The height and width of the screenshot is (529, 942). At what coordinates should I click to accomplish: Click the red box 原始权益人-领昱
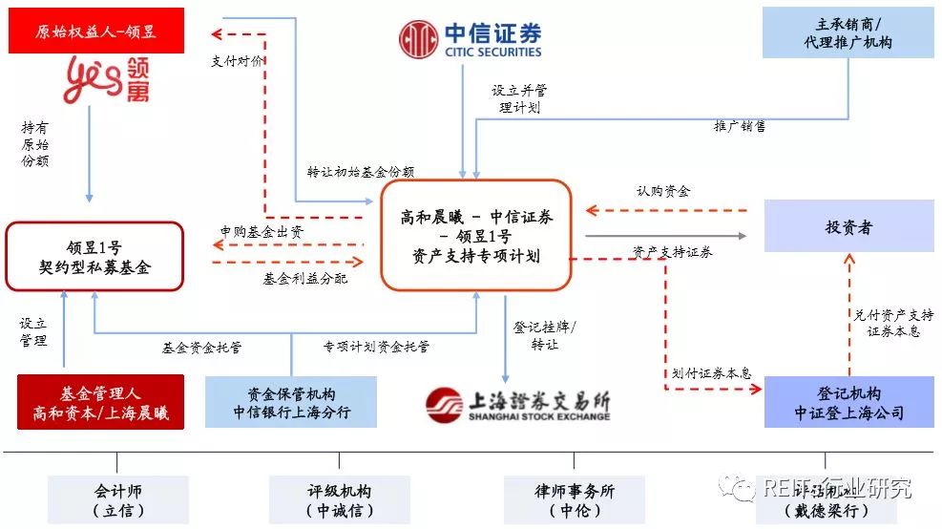95,32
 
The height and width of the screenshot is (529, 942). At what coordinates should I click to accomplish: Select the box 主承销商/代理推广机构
848,32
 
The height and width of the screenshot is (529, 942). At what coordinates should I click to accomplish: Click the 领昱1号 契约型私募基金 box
94,256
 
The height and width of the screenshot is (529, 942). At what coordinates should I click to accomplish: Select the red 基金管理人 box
101,402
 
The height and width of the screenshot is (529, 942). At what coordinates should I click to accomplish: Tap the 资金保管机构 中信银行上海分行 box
291,402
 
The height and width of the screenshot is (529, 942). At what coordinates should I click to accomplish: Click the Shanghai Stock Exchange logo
518,404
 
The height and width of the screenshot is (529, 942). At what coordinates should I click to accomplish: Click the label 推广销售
740,125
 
